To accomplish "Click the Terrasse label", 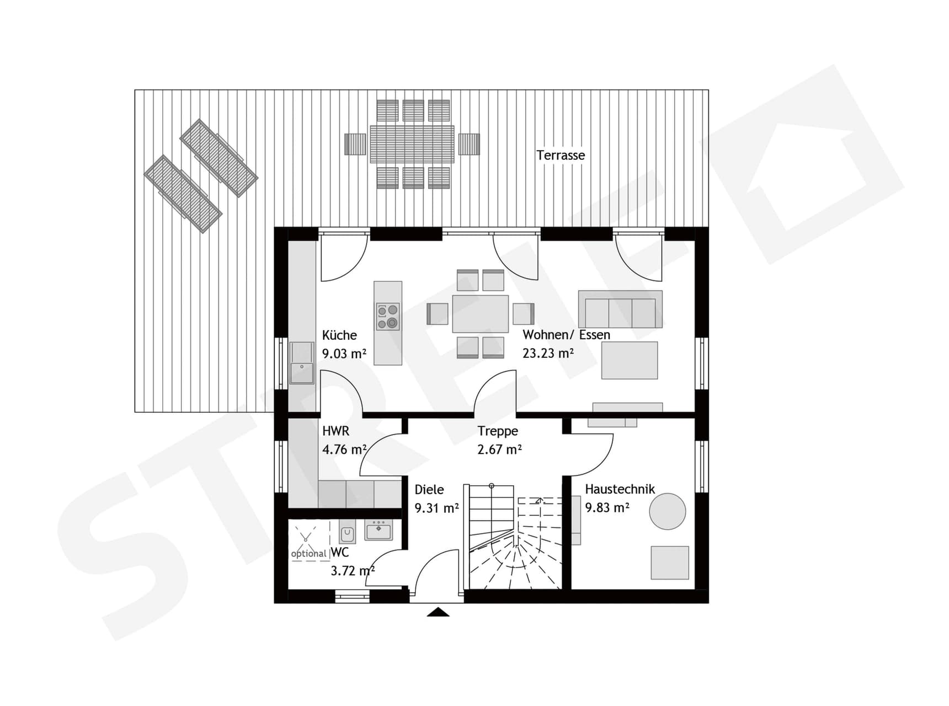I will click(x=561, y=156).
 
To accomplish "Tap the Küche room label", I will click(x=339, y=335).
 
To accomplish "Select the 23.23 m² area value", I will click(x=548, y=354).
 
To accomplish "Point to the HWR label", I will click(x=335, y=431).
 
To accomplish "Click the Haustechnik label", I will click(x=620, y=489).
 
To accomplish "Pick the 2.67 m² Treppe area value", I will click(x=499, y=450).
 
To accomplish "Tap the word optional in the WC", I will click(x=308, y=554).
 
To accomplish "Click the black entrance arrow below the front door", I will click(x=438, y=612).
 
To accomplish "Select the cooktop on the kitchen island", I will click(x=388, y=317).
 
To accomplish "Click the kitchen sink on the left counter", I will click(x=302, y=362).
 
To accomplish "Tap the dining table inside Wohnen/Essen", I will click(x=480, y=314).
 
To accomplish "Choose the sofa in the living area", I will click(x=620, y=309).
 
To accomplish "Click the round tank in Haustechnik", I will click(x=667, y=511).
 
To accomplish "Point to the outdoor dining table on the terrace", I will click(x=412, y=144).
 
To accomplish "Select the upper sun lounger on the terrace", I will click(x=219, y=158).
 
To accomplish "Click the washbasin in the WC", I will click(x=378, y=531).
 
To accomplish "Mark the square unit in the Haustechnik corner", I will click(x=669, y=563).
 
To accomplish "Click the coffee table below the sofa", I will click(x=630, y=360).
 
